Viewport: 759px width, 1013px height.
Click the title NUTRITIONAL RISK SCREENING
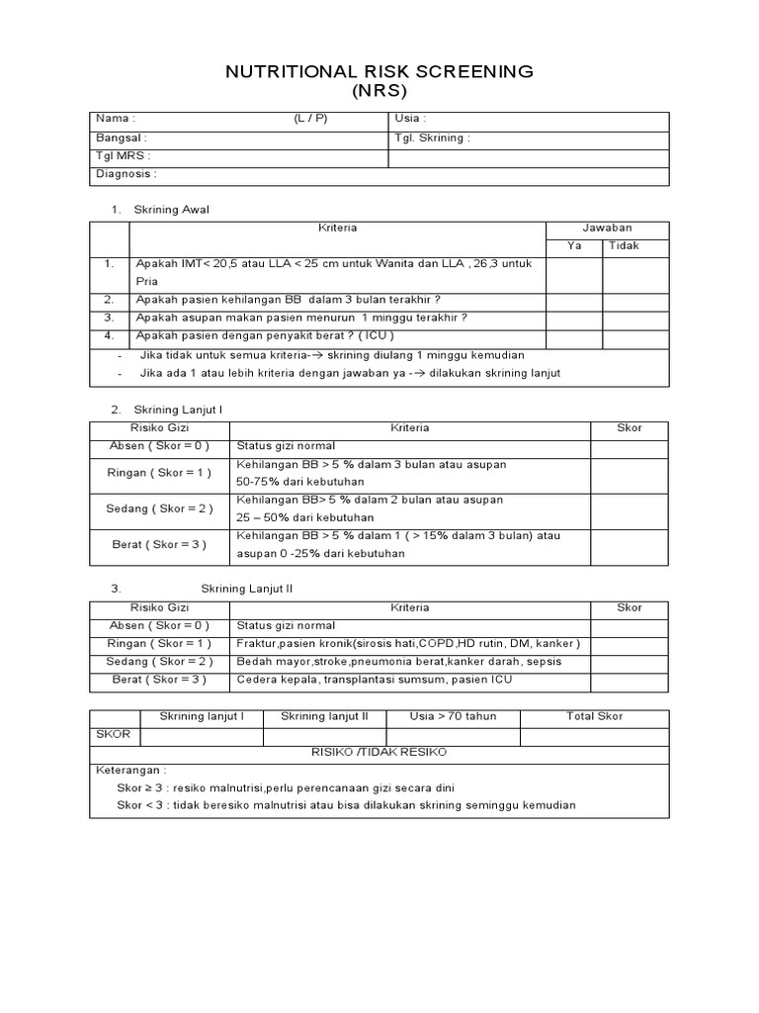coord(379,71)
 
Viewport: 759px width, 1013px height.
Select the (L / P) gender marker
coord(309,120)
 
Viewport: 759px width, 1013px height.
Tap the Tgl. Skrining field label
coord(432,138)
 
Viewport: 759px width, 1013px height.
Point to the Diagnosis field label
coord(126,174)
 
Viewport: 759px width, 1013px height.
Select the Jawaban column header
coord(607,228)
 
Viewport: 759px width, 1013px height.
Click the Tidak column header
coord(624,245)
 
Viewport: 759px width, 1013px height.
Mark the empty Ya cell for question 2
coord(574,300)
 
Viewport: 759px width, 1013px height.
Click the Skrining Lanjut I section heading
coord(179,410)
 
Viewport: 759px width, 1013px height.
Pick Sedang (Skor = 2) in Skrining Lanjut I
coord(159,508)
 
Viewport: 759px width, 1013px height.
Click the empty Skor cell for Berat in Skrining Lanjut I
coord(629,545)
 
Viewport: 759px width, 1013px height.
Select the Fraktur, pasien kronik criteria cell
coord(408,644)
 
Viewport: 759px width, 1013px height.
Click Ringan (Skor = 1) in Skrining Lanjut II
coord(159,644)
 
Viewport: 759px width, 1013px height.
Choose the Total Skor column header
coord(594,716)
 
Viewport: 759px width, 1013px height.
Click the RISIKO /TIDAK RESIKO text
coord(379,753)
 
